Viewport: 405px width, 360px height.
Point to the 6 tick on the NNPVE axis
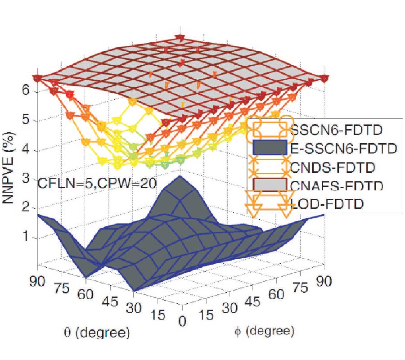point(27,90)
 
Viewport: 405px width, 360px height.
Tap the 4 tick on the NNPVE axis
point(27,150)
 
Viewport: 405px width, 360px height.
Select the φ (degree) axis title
point(264,332)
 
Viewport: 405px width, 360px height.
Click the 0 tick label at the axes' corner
point(182,321)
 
